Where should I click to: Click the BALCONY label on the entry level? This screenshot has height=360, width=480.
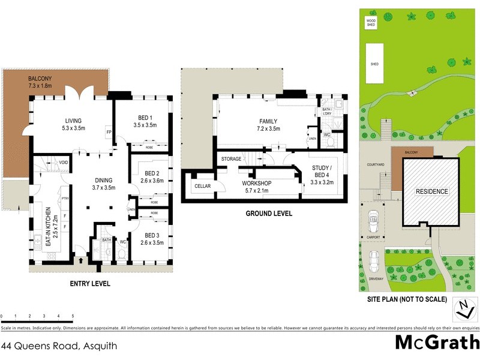[x=41, y=79]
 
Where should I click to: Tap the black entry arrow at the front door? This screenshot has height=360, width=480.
[x=82, y=260]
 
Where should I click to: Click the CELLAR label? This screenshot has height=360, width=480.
[x=202, y=187]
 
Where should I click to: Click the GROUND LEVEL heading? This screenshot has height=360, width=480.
[x=269, y=213]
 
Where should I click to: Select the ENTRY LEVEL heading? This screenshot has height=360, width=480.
[x=89, y=283]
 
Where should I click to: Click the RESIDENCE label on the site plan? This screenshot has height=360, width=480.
[x=431, y=191]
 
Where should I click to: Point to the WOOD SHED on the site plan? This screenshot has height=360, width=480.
[x=372, y=23]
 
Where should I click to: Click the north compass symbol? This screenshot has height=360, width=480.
[x=463, y=308]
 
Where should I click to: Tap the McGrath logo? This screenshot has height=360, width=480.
[x=437, y=343]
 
